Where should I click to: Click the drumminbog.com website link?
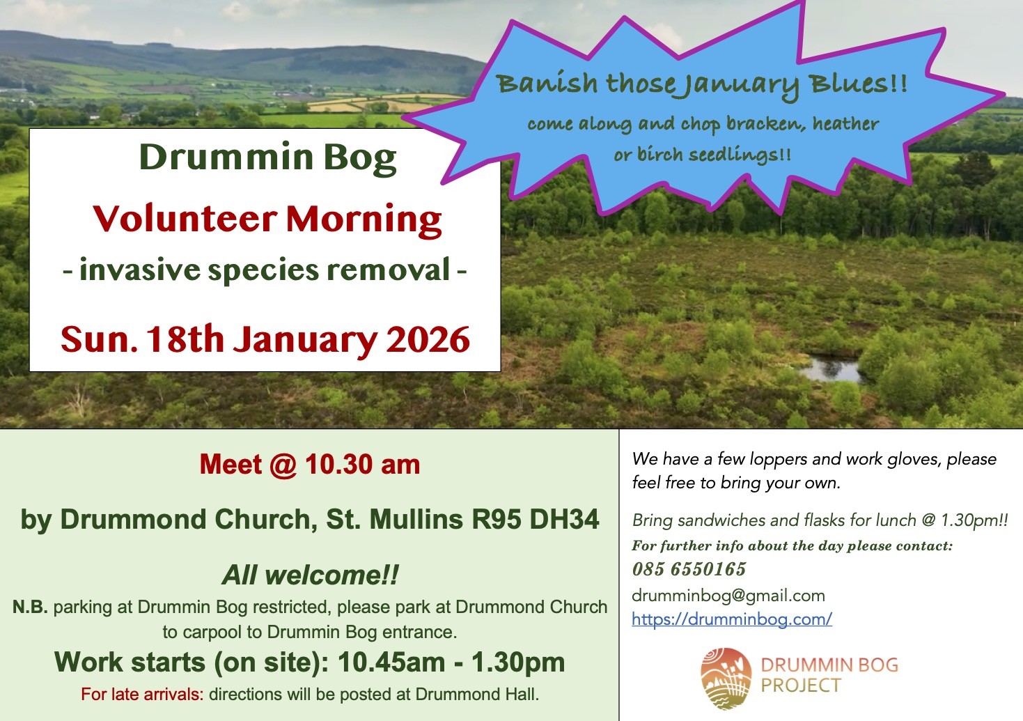[x=732, y=619]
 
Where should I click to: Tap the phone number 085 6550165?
[x=689, y=569]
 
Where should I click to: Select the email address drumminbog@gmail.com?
[x=728, y=596]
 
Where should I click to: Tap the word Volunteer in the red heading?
[x=185, y=219]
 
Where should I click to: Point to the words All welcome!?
[x=311, y=575]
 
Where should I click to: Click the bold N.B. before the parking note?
[x=30, y=607]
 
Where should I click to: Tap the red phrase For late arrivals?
[x=143, y=694]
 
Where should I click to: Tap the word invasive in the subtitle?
[x=140, y=270]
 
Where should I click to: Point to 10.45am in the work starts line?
[x=391, y=662]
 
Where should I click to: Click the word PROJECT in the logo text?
[x=801, y=685]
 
